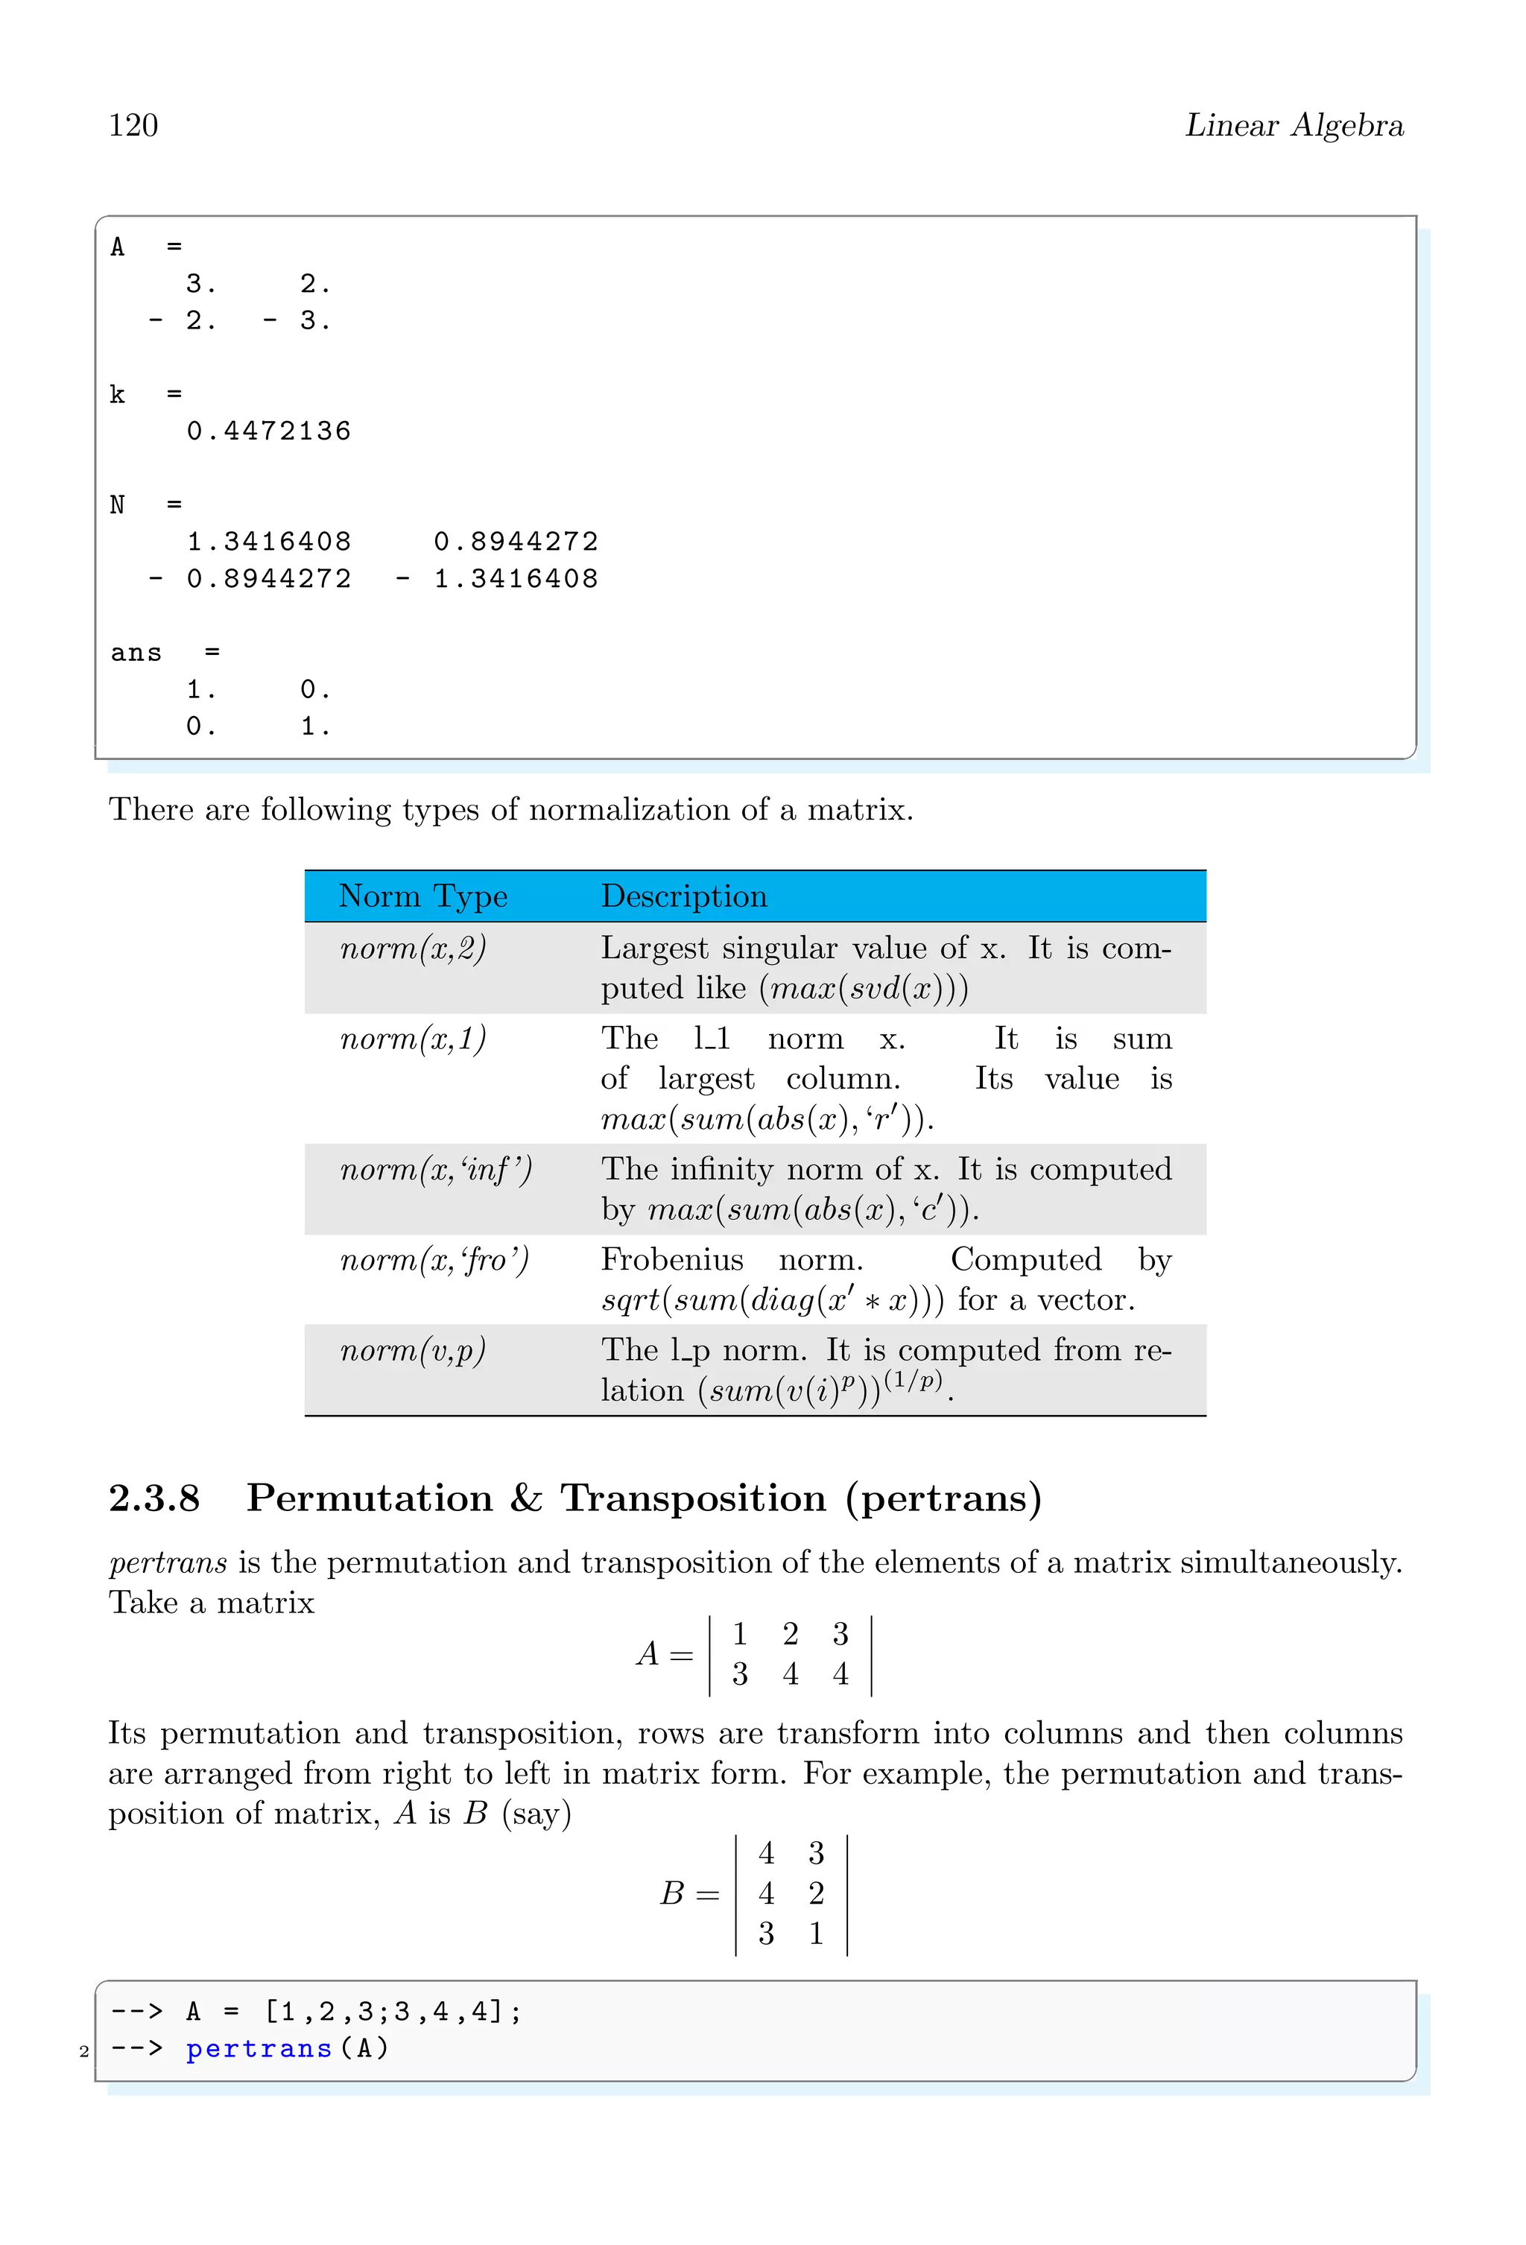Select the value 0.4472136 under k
click(x=268, y=431)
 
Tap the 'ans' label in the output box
click(x=136, y=653)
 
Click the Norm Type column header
click(x=423, y=896)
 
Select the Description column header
click(x=684, y=896)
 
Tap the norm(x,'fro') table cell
click(x=434, y=1261)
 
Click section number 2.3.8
click(x=154, y=1498)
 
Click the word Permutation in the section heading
click(x=370, y=1498)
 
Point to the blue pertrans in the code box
click(x=259, y=2049)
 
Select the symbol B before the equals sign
click(x=672, y=1893)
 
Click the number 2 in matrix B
click(x=816, y=1893)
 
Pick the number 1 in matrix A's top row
click(x=740, y=1633)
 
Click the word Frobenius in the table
click(x=672, y=1260)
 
